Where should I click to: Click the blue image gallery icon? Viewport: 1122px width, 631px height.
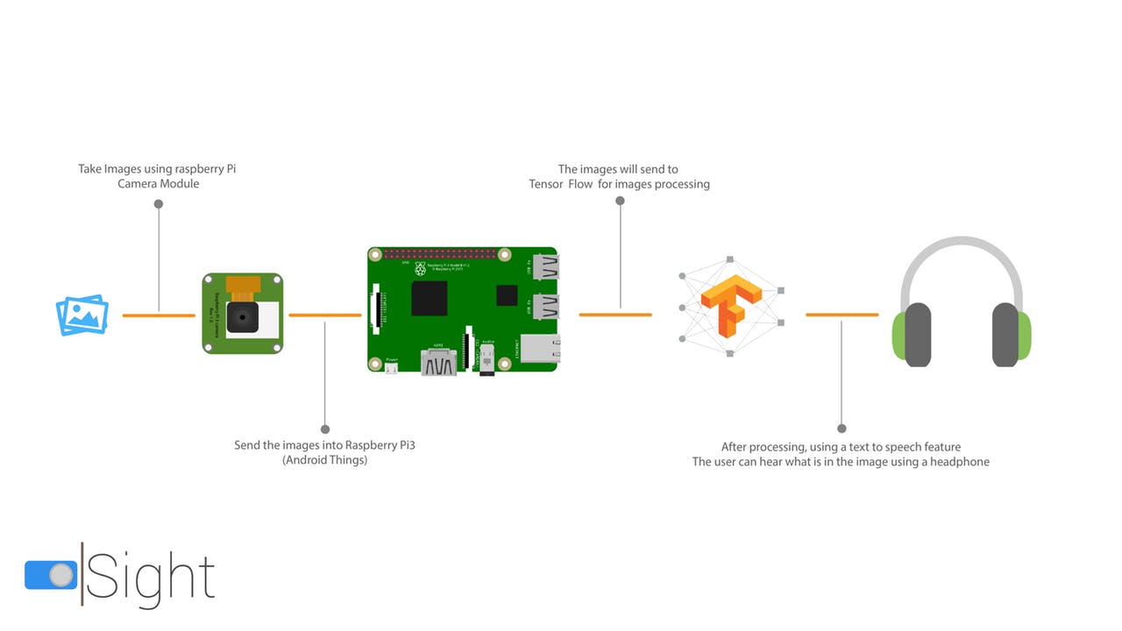pos(82,315)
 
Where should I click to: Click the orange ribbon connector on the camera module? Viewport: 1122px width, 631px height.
pos(242,286)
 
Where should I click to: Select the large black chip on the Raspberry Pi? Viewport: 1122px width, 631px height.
pos(430,299)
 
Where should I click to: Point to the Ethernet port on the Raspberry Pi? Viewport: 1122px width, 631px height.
pos(540,349)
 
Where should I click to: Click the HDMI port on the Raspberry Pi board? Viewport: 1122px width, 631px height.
pos(438,362)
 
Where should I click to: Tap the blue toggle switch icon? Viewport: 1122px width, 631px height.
pos(51,575)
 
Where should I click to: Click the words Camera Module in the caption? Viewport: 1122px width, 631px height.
pos(159,184)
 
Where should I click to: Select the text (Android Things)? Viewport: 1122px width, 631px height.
pos(324,460)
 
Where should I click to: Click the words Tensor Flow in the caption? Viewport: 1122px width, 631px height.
pos(561,185)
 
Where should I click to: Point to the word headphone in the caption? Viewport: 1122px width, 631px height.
pos(956,462)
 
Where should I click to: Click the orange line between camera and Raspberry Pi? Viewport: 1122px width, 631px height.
pos(324,315)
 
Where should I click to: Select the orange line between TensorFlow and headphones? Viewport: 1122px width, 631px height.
pos(841,315)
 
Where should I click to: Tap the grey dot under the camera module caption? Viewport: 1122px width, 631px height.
pos(159,204)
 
